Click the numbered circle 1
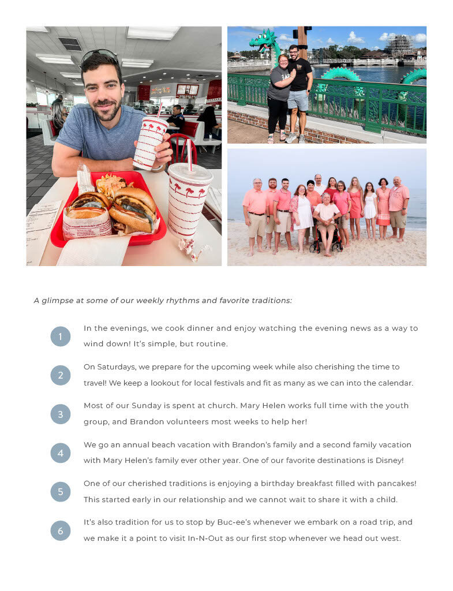pos(60,336)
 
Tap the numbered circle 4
pos(60,453)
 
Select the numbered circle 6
pos(60,530)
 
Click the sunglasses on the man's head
pos(99,55)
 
